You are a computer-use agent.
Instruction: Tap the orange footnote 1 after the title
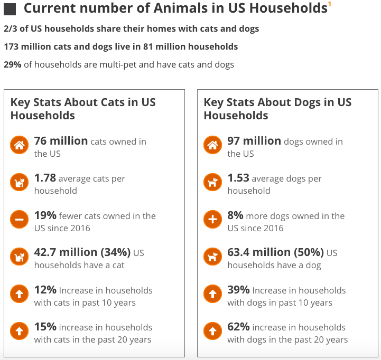pyautogui.click(x=330, y=4)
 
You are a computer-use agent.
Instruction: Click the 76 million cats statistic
pyautogui.click(x=61, y=141)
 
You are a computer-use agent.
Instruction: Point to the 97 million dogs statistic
pyautogui.click(x=254, y=141)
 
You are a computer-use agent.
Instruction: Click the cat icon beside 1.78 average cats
pyautogui.click(x=20, y=183)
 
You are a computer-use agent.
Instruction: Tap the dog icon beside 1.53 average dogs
pyautogui.click(x=213, y=183)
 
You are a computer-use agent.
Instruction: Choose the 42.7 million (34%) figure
pyautogui.click(x=82, y=252)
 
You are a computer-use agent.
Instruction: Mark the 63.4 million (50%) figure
pyautogui.click(x=275, y=252)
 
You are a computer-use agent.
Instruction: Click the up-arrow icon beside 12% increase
pyautogui.click(x=20, y=295)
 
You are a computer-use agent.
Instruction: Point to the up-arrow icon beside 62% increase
pyautogui.click(x=213, y=331)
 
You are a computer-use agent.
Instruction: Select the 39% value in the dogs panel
pyautogui.click(x=238, y=290)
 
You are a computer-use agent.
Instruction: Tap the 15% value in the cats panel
pyautogui.click(x=45, y=327)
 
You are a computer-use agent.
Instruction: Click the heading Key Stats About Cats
pyautogui.click(x=83, y=109)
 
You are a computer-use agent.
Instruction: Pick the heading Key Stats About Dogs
pyautogui.click(x=277, y=109)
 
